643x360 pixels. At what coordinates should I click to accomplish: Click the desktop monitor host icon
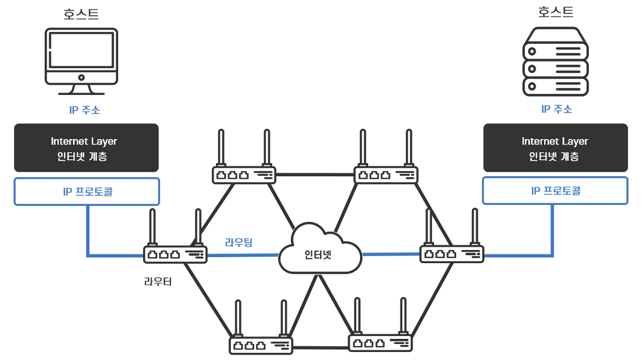(81, 60)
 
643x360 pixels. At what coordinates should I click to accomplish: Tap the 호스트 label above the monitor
(81, 14)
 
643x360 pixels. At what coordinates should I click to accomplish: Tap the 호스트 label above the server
(556, 12)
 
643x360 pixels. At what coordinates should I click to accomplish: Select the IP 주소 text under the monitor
(84, 110)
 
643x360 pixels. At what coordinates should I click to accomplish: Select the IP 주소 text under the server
(557, 109)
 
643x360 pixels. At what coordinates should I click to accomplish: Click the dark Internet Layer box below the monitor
(86, 148)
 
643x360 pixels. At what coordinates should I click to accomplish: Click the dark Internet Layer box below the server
(555, 148)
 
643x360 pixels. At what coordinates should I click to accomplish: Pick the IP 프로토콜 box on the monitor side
(86, 191)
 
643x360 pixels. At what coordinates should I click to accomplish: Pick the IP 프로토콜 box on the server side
(555, 191)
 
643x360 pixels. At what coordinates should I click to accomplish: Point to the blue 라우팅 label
(239, 243)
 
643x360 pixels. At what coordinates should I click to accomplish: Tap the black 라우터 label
(158, 281)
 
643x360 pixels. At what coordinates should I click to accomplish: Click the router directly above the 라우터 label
(175, 254)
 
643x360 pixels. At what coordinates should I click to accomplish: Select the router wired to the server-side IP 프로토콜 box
(452, 254)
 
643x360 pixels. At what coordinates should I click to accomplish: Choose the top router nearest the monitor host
(244, 175)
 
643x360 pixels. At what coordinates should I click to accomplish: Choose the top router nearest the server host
(386, 175)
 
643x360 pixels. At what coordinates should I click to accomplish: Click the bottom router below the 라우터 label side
(261, 345)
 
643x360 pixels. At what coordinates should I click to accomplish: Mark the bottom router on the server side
(380, 343)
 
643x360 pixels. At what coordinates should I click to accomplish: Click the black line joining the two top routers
(315, 175)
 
